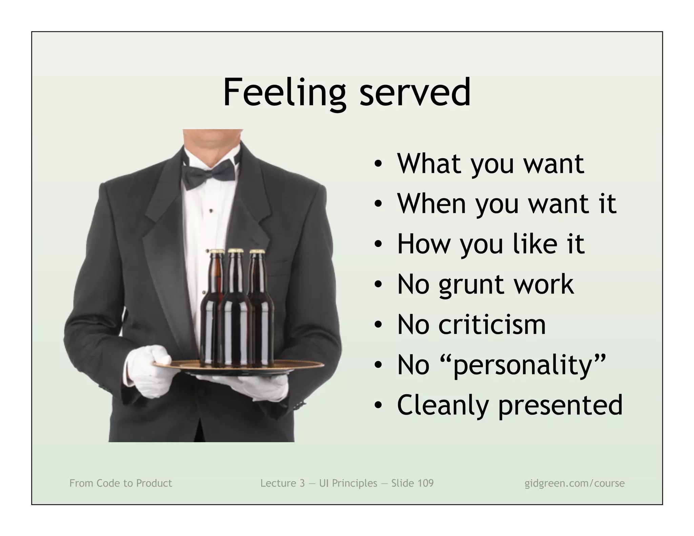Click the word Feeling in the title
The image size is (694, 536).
(x=284, y=92)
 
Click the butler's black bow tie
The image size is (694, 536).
(x=208, y=173)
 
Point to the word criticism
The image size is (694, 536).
(x=492, y=324)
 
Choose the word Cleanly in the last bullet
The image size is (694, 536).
(x=443, y=405)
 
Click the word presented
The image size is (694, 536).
(x=560, y=405)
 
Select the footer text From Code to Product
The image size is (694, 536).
(x=121, y=483)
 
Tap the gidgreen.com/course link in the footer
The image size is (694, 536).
(x=574, y=483)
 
